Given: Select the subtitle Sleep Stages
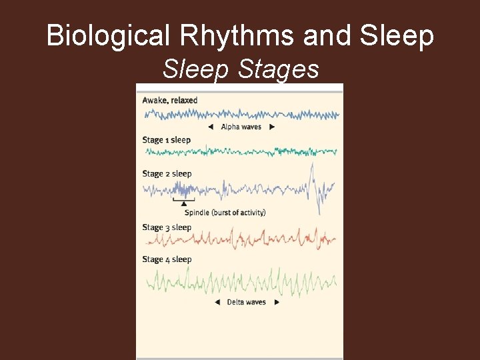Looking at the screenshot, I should point(241,69).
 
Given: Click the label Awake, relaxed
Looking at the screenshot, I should point(169,100).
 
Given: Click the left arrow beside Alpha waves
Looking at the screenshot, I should point(211,127).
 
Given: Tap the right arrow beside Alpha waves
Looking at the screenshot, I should point(271,127).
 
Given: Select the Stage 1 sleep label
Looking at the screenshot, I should point(166,140).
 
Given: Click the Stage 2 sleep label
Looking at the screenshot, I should point(167,173).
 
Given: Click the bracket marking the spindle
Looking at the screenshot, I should point(184,199).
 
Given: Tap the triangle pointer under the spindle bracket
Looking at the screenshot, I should point(184,203).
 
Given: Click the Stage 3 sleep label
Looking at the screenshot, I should point(167,227).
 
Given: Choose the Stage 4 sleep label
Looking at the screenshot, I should point(167,259).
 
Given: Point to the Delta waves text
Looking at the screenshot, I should point(246,302).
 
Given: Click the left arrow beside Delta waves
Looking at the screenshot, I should point(217,302).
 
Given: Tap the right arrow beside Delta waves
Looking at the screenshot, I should point(276,302).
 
